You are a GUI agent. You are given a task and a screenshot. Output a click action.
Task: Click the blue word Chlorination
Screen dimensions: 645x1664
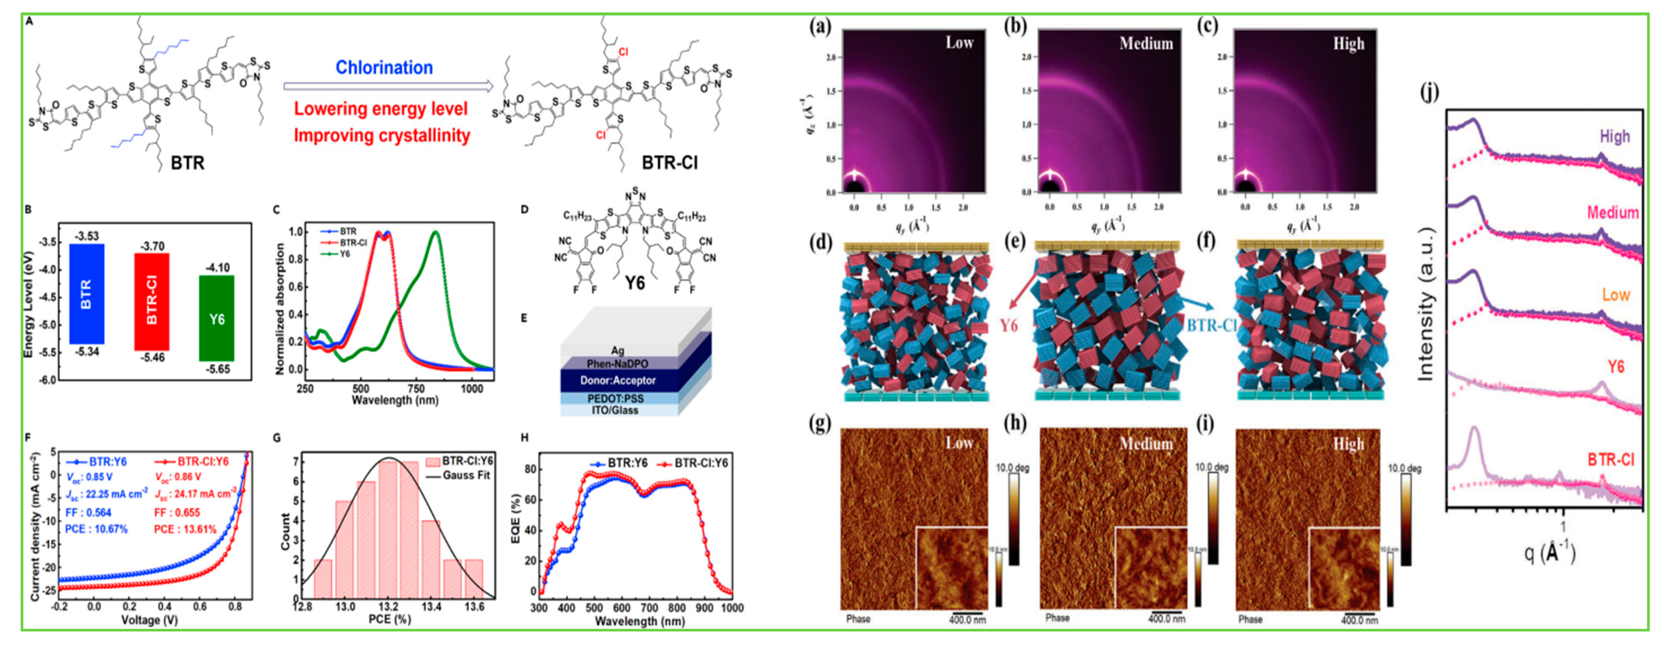(384, 68)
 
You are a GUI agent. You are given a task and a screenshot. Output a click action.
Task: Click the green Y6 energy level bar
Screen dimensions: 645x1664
(216, 318)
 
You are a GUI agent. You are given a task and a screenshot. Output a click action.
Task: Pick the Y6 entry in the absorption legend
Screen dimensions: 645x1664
(345, 254)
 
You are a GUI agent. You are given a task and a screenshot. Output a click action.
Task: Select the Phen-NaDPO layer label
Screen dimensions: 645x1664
(617, 364)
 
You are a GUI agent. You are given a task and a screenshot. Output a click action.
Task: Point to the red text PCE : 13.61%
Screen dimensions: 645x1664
(185, 529)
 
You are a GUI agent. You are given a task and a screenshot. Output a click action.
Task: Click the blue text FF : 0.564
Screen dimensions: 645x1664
(88, 513)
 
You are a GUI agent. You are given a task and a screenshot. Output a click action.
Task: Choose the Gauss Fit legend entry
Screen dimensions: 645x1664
(466, 475)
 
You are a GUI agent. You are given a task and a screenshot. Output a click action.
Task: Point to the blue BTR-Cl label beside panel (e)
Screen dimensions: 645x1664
(1211, 325)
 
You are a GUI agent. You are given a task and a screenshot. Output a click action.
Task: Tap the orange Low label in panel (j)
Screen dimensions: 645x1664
(1615, 295)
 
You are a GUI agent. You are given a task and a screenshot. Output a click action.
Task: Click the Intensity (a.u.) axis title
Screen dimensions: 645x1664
(1426, 304)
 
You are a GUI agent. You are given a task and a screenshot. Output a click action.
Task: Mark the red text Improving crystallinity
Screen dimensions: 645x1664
(382, 136)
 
